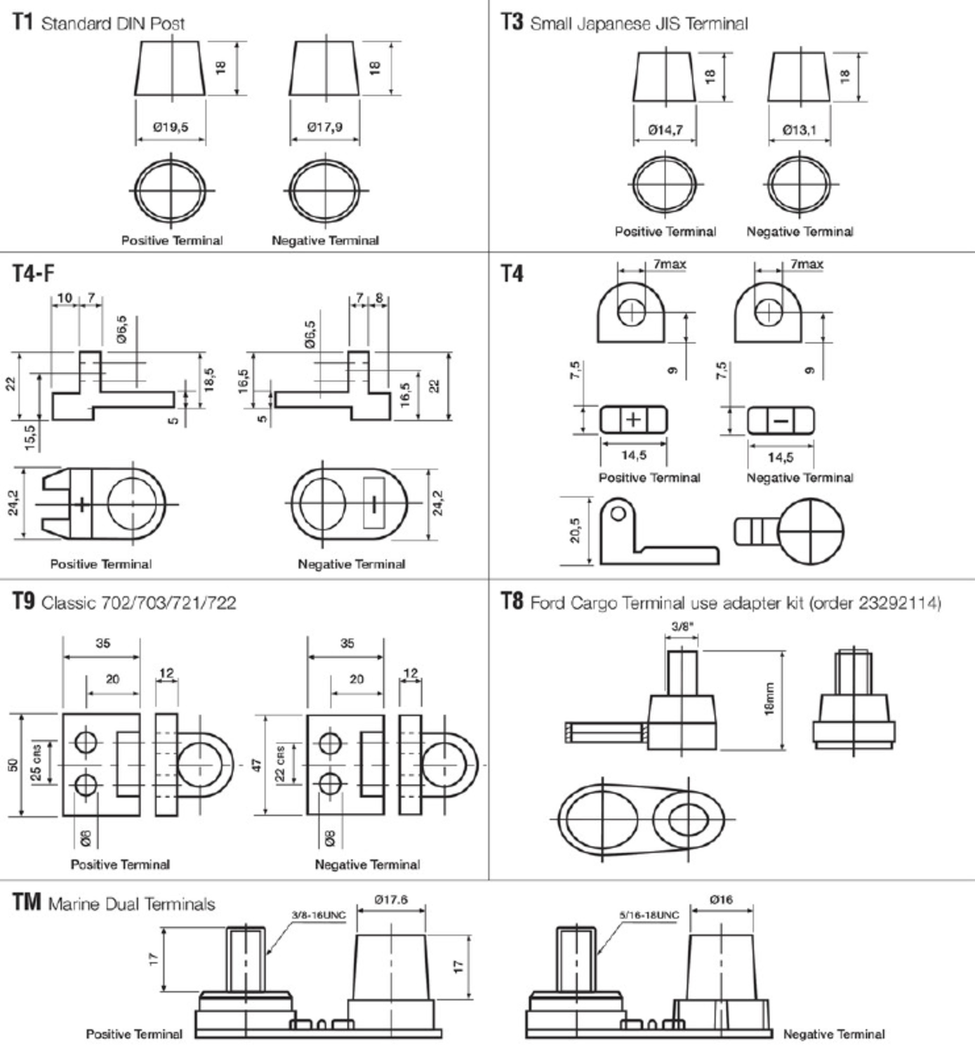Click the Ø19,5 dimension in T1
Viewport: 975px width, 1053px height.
coord(171,127)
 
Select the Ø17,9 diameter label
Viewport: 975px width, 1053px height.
coord(325,127)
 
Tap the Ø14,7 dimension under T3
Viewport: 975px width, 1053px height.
coord(665,130)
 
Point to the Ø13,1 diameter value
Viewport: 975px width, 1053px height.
coord(800,130)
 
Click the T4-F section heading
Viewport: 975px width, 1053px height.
coord(34,274)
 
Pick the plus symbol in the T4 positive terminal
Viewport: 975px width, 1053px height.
coord(634,420)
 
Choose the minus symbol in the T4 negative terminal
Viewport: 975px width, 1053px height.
coord(781,421)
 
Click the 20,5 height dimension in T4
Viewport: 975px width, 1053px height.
coord(576,531)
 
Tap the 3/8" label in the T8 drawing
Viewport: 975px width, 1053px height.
coord(682,626)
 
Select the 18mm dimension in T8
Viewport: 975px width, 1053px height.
coord(769,698)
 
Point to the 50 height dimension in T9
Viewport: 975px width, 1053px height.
coord(13,765)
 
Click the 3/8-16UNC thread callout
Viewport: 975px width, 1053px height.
coord(319,915)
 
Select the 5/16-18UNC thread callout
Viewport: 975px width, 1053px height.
coord(649,915)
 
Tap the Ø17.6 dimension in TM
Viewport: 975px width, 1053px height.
coord(391,900)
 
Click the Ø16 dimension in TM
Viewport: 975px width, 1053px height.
coord(721,900)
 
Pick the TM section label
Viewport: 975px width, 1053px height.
coord(27,902)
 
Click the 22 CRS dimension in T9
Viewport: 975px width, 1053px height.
coord(281,764)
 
